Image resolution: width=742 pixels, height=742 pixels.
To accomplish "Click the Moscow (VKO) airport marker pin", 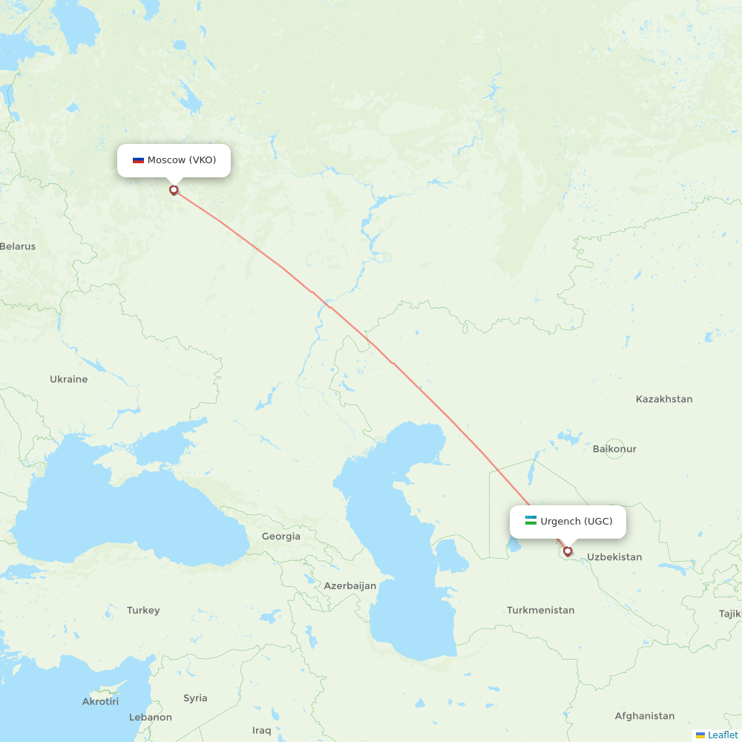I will [x=174, y=190].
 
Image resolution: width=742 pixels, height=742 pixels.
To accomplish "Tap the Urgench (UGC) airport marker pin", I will [x=568, y=551].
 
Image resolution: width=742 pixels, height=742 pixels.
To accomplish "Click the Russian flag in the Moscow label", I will [x=138, y=160].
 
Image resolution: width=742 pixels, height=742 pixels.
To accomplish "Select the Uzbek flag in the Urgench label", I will [x=531, y=521].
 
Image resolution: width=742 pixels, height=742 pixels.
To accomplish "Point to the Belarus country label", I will [x=18, y=246].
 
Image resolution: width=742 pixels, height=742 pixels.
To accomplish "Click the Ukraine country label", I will [x=68, y=379].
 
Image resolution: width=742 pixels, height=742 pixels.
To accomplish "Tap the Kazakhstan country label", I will [x=663, y=399].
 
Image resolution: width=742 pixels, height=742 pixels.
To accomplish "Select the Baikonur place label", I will [x=614, y=449].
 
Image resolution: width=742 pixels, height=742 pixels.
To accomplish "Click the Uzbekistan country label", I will [x=614, y=557].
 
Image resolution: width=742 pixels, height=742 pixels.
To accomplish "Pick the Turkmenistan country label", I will [x=541, y=610].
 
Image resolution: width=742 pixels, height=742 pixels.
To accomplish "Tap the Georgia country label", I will [x=281, y=536].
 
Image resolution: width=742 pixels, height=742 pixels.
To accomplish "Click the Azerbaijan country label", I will [x=349, y=585].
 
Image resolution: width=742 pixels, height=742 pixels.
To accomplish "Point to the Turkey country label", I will [x=143, y=611].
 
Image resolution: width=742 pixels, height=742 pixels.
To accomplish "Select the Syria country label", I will [x=195, y=698].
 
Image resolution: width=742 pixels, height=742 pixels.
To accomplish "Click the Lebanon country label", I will [x=151, y=718].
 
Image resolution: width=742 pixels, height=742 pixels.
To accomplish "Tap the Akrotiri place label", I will [x=100, y=701].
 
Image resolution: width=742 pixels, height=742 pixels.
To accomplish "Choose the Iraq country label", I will [x=261, y=730].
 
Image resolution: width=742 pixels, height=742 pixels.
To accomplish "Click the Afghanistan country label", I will [x=644, y=716].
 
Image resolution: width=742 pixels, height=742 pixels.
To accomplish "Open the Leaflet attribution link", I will [x=722, y=735].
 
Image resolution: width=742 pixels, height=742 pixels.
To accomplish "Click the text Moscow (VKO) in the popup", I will [x=182, y=160].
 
